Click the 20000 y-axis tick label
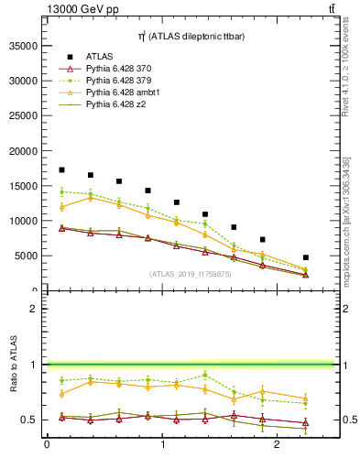click(22, 150)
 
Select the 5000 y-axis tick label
click(25, 256)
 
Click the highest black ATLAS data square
click(61, 169)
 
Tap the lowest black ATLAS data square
click(305, 257)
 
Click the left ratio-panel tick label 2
click(33, 309)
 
